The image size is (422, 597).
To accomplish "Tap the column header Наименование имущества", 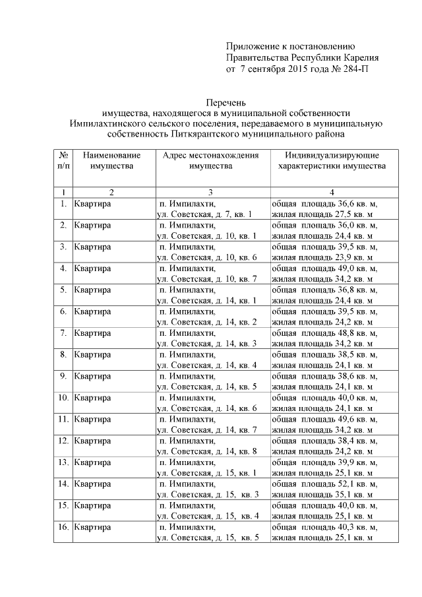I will pos(111,160).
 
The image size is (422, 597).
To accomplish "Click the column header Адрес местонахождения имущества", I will pos(210,160).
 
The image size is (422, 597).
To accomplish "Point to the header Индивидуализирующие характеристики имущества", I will pos(332,160).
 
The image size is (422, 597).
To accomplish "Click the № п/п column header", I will pos(63,160).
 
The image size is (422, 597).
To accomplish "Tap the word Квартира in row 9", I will pos(92,376).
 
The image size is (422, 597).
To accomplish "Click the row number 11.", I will pos(63,419).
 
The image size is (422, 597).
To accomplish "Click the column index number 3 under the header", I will pos(210,192).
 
